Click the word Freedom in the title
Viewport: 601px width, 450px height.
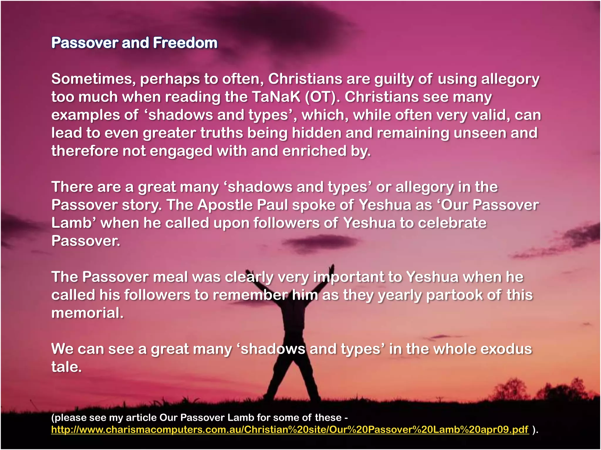click(185, 43)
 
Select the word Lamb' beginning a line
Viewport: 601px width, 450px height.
click(74, 223)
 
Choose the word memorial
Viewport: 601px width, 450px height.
click(87, 313)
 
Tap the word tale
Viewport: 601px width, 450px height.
click(66, 367)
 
